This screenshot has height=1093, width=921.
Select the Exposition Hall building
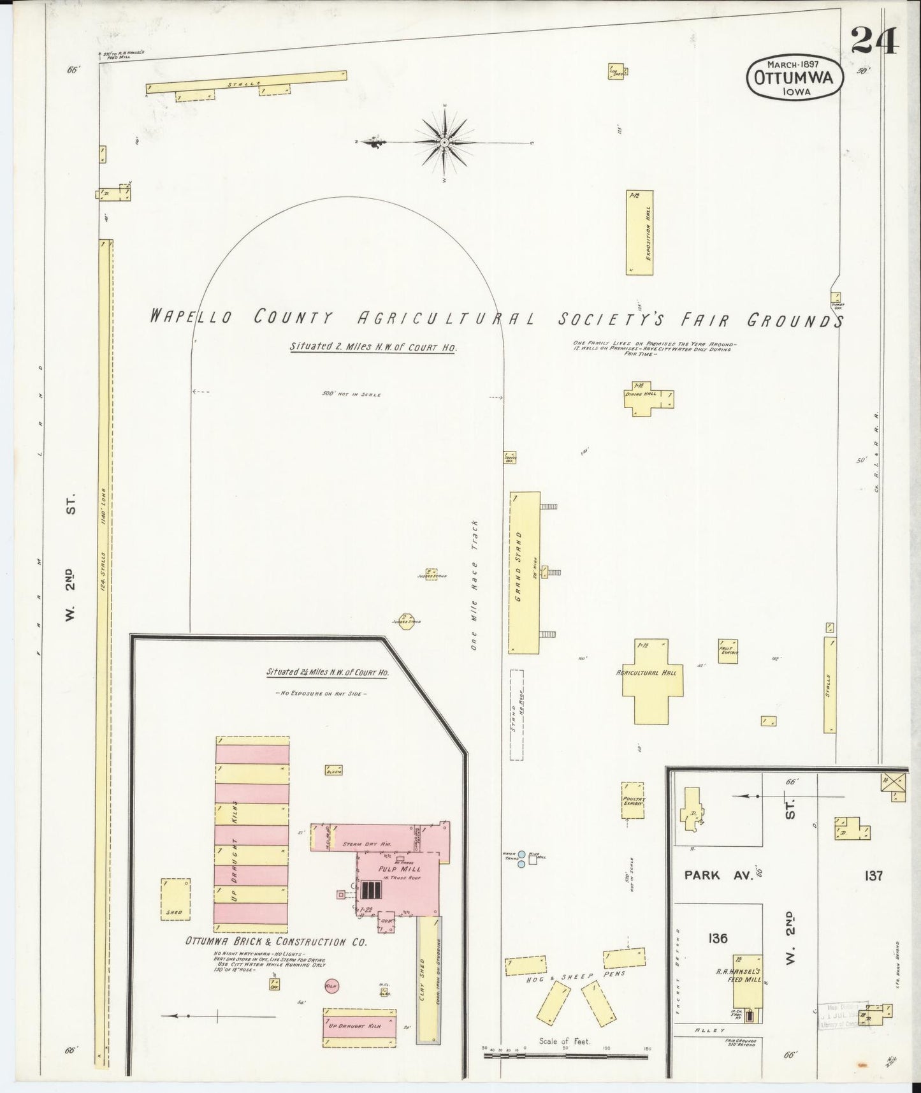point(640,232)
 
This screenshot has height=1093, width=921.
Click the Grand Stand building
point(524,572)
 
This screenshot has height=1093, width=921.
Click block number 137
point(873,876)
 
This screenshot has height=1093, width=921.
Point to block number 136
point(717,938)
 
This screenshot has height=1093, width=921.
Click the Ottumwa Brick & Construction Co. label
point(275,942)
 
